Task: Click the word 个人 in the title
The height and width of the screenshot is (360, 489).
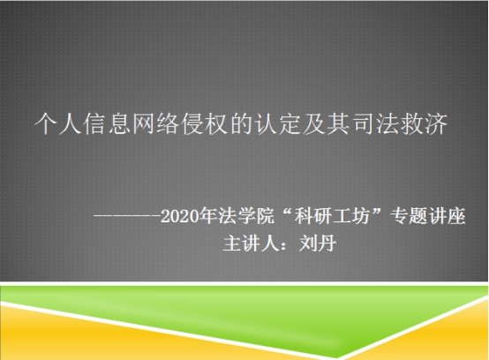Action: [58, 124]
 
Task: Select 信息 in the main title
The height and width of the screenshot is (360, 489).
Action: [107, 124]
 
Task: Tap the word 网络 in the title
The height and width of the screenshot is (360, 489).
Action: [156, 124]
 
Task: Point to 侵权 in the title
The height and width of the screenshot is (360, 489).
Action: [205, 124]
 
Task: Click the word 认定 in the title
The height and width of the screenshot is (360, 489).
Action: [277, 124]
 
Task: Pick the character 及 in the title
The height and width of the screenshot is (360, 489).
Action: [314, 124]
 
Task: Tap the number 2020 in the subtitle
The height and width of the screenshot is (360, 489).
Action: [180, 216]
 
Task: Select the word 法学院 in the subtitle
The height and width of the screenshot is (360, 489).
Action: [246, 215]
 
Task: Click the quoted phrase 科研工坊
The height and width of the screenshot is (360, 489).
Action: [332, 215]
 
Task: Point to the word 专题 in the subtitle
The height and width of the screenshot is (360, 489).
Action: [409, 215]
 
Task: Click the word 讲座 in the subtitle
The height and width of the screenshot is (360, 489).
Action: [447, 215]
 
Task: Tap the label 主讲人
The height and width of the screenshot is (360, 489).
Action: [251, 244]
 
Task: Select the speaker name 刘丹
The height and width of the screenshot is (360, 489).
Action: [318, 244]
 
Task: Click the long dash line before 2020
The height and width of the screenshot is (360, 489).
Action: [127, 215]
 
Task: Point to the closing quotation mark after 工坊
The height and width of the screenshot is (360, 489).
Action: [377, 212]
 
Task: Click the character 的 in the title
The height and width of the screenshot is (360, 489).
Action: [241, 124]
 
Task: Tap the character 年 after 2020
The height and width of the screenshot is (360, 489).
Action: [208, 215]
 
